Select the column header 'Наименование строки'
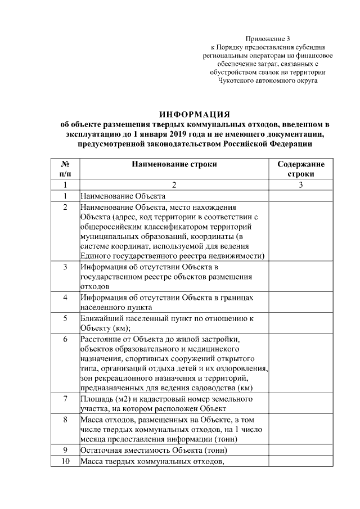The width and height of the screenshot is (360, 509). click(174, 164)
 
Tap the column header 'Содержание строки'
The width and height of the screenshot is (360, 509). click(300, 169)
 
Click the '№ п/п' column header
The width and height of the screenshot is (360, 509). click(65, 169)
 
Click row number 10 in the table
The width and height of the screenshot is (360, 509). click(65, 462)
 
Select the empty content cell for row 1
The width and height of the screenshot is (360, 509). click(300, 196)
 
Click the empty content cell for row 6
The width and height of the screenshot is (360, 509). click(300, 363)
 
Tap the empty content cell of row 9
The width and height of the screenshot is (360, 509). click(300, 450)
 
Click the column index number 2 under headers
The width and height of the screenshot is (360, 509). click(174, 184)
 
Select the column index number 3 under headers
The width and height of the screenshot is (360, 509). click(300, 184)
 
